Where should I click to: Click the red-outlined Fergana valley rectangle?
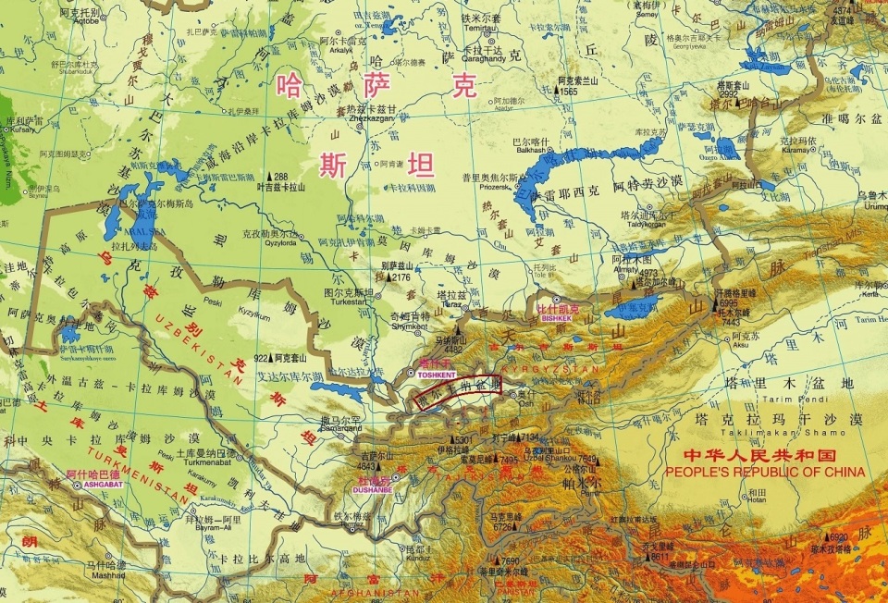click(459, 391)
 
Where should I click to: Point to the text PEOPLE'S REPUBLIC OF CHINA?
click(765, 472)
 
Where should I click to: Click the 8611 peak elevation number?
click(660, 558)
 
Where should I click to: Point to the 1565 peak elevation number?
click(568, 92)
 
